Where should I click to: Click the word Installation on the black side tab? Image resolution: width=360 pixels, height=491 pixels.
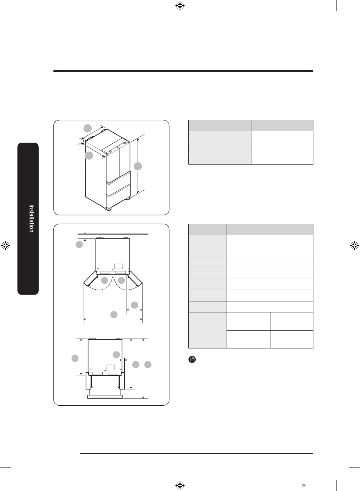pos(31,218)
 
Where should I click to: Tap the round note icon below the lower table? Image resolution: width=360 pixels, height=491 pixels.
pos(192,359)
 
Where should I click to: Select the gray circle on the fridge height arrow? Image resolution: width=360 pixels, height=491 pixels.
pos(138,166)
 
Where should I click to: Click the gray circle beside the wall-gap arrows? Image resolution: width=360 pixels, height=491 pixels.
pos(79,245)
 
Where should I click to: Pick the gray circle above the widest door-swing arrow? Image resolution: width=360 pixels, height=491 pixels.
pos(114,315)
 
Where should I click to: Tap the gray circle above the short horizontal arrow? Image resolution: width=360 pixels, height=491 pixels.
pos(135,305)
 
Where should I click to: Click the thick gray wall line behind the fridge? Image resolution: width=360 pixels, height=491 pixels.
pos(113,234)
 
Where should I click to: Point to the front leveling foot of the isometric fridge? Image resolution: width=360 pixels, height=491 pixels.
pos(108,209)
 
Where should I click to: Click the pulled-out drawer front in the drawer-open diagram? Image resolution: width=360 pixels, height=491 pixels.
pos(105,397)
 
